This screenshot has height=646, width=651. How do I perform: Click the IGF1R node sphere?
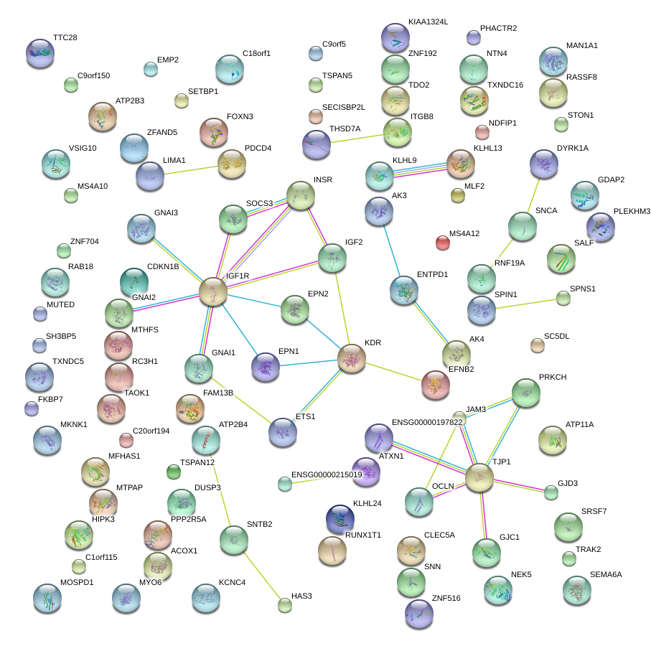(212, 291)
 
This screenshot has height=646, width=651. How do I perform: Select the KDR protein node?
(352, 358)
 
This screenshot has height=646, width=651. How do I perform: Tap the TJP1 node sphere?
(479, 477)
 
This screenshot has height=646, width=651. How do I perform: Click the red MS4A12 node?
(443, 243)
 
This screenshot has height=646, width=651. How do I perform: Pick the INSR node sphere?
(300, 195)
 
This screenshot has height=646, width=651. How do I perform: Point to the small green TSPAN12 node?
(173, 471)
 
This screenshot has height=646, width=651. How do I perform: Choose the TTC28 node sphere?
(39, 52)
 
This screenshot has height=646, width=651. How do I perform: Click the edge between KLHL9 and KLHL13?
(420, 169)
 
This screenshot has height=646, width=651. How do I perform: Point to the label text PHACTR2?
(498, 28)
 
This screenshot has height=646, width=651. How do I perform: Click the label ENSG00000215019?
(327, 475)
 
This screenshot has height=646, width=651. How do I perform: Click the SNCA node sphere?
(522, 226)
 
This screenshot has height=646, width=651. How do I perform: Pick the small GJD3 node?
(551, 492)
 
